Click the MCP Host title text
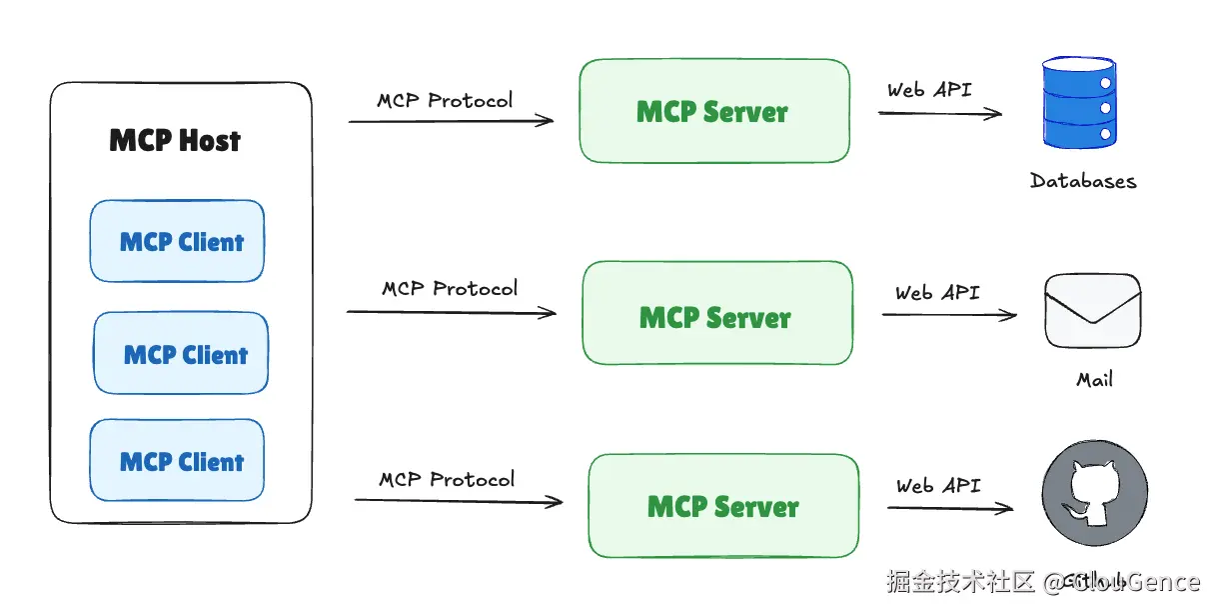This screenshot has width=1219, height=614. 175,140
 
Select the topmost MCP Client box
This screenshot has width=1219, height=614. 178,241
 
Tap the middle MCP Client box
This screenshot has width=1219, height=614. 182,353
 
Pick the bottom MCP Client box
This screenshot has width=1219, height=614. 178,460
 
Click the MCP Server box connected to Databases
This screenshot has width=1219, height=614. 714,111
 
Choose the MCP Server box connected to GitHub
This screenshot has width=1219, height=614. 723,505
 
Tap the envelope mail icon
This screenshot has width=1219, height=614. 1092,311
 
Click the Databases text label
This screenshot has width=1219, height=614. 1083,181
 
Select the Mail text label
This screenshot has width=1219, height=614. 1094,380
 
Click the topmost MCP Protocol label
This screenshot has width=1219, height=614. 445,100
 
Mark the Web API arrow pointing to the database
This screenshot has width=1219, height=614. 939,113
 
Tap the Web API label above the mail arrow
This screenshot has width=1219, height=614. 937,293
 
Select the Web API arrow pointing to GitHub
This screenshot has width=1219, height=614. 949,508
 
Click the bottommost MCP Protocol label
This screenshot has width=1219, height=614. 447,479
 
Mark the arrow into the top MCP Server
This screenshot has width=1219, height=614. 451,121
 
